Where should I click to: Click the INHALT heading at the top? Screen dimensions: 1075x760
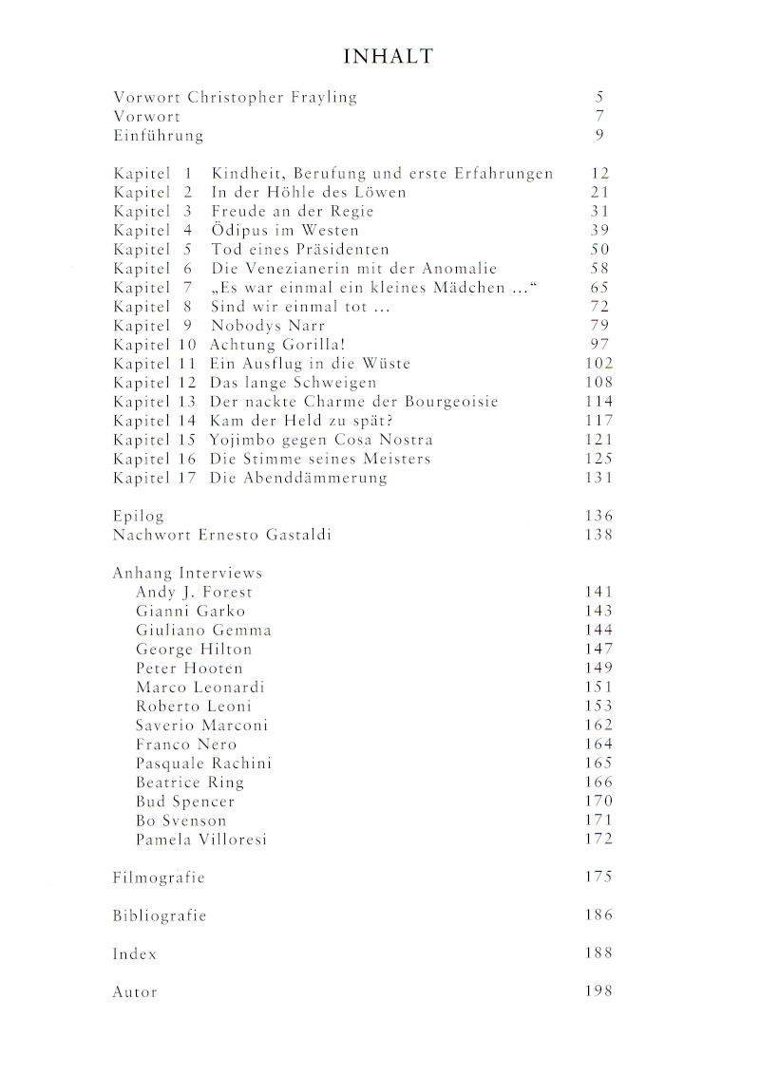pos(388,57)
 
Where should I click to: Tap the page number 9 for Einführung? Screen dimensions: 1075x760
pos(600,136)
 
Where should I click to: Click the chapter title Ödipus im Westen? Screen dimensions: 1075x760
pos(285,231)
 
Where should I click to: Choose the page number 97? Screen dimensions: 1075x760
pos(598,345)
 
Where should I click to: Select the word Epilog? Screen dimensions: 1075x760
pos(139,517)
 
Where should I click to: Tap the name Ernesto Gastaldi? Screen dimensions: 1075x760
pos(265,536)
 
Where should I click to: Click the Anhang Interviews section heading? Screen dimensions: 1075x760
pos(187,574)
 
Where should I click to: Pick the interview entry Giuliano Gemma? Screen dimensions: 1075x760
pos(203,631)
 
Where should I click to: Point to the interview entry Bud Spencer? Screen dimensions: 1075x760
pos(185,802)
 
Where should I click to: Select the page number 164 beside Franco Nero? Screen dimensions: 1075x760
pos(598,745)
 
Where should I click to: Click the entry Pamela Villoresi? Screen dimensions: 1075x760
pos(201,839)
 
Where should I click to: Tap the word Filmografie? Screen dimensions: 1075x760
pos(159,877)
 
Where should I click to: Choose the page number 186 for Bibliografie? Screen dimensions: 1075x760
pos(598,915)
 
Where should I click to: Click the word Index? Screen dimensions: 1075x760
pos(135,953)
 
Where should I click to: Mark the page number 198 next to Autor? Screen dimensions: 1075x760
pos(598,991)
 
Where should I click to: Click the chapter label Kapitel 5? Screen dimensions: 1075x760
pos(153,250)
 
